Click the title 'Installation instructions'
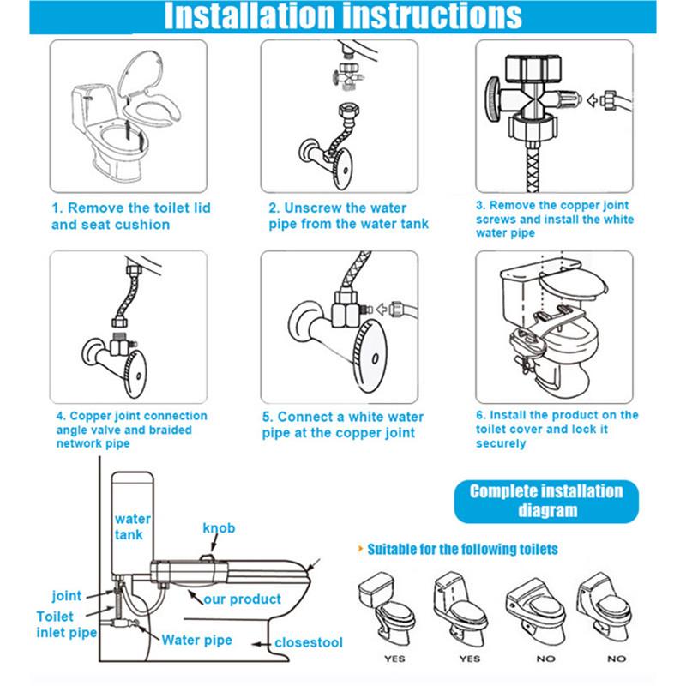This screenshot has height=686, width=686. pyautogui.click(x=342, y=15)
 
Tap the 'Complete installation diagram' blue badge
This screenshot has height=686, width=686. pyautogui.click(x=546, y=502)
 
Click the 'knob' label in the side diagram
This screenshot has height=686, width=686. pyautogui.click(x=219, y=528)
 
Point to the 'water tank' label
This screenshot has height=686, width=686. pyautogui.click(x=133, y=527)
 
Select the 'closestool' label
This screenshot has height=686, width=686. pyautogui.click(x=309, y=642)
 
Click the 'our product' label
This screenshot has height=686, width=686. pyautogui.click(x=242, y=599)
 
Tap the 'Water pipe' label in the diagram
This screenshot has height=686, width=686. pyautogui.click(x=197, y=640)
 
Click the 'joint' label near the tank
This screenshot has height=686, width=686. pyautogui.click(x=67, y=596)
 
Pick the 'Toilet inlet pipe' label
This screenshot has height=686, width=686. pyautogui.click(x=67, y=624)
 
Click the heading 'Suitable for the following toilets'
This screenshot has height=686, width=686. pyautogui.click(x=462, y=549)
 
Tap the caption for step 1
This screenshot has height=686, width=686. pyautogui.click(x=131, y=216)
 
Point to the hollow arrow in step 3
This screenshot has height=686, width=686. pyautogui.click(x=592, y=100)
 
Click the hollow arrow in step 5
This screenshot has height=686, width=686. pyautogui.click(x=382, y=310)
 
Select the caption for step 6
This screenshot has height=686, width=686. pyautogui.click(x=557, y=430)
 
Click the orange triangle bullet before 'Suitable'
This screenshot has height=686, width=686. pyautogui.click(x=360, y=548)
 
